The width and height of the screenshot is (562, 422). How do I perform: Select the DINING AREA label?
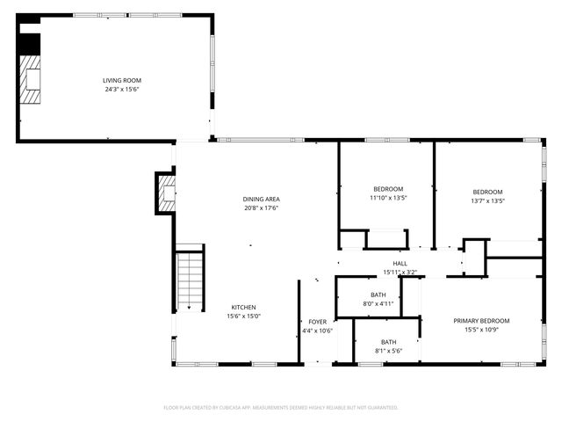pyautogui.click(x=261, y=200)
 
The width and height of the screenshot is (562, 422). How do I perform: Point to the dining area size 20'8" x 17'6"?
pyautogui.click(x=261, y=208)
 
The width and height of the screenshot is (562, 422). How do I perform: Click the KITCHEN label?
pyautogui.click(x=243, y=307)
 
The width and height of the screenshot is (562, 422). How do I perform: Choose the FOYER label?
pyautogui.click(x=317, y=322)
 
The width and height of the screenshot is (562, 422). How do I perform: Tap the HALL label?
pyautogui.click(x=400, y=264)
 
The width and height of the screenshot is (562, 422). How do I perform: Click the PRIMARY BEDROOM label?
pyautogui.click(x=480, y=321)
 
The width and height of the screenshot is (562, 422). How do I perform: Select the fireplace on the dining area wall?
pyautogui.click(x=166, y=193)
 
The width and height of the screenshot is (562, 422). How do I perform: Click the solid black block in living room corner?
pyautogui.click(x=29, y=43)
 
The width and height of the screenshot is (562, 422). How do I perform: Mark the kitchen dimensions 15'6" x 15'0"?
pyautogui.click(x=243, y=316)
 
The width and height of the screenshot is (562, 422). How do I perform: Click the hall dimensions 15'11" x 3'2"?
pyautogui.click(x=400, y=273)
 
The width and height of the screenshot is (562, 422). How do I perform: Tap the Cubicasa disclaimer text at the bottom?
pyautogui.click(x=281, y=407)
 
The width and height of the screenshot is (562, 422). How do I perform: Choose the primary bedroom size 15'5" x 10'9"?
pyautogui.click(x=480, y=330)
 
